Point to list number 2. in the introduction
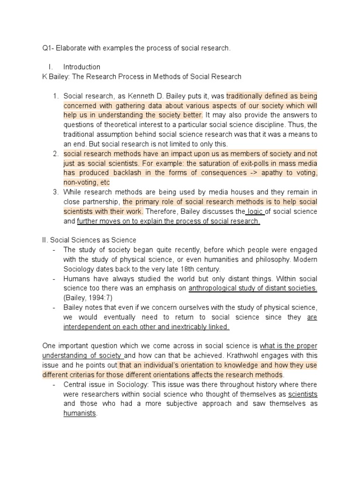point(55,154)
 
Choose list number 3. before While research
point(55,192)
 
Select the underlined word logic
point(255,212)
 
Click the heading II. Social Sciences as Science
point(89,240)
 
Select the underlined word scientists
point(302,394)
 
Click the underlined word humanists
point(80,413)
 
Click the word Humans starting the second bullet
point(76,279)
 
